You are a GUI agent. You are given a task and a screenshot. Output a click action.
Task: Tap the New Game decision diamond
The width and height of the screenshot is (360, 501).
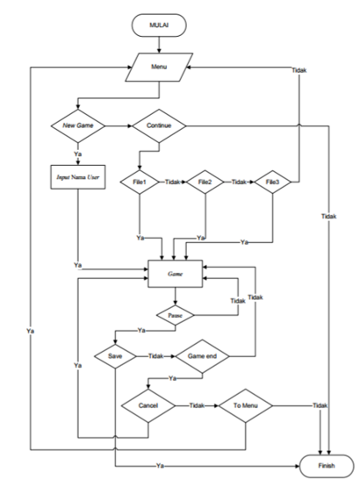point(79,125)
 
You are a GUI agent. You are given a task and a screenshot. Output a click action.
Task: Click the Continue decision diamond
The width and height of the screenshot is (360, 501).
point(159,125)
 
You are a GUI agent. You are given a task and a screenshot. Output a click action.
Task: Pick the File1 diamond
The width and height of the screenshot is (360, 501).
point(140,183)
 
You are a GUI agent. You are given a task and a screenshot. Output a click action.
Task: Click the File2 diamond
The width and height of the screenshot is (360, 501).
point(205,183)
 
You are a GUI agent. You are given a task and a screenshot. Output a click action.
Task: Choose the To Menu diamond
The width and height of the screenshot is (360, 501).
point(245,406)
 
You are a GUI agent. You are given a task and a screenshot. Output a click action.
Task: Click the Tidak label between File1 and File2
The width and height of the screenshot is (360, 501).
point(173,183)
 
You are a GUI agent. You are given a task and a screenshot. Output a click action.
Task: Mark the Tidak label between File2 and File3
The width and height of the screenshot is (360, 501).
point(238,183)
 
